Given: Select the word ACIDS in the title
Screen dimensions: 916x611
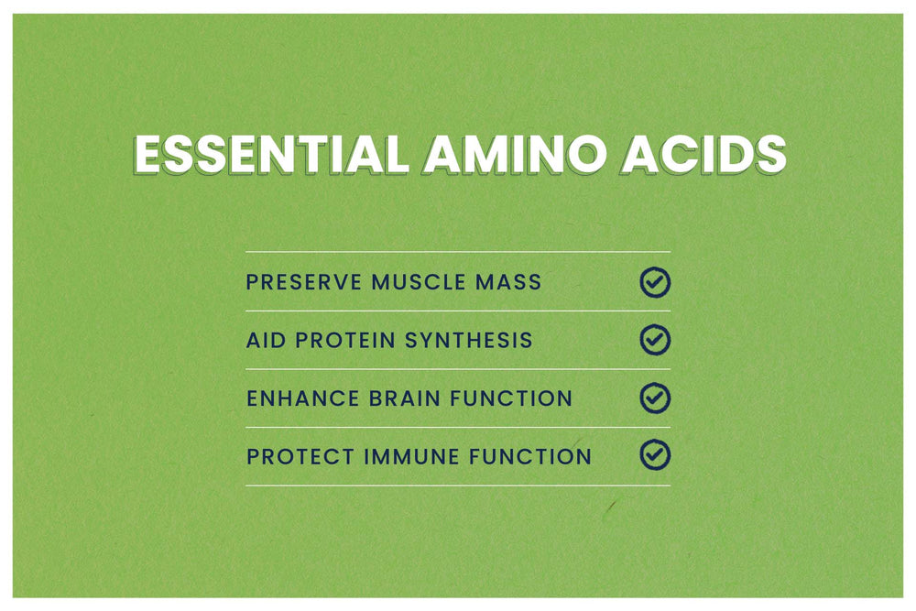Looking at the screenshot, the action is [x=703, y=155].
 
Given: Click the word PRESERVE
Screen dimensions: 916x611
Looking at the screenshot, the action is [x=304, y=282].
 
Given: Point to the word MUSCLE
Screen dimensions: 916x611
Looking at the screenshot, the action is [x=419, y=282].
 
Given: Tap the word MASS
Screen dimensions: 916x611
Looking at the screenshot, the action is [x=508, y=282].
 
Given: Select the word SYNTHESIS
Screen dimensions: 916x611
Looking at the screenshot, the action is [x=468, y=340].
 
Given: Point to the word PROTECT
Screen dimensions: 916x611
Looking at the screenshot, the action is [x=300, y=456].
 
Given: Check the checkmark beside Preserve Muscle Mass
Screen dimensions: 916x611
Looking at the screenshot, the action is [x=655, y=272].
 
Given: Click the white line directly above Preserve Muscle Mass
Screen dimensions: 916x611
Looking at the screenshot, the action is [x=458, y=252].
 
